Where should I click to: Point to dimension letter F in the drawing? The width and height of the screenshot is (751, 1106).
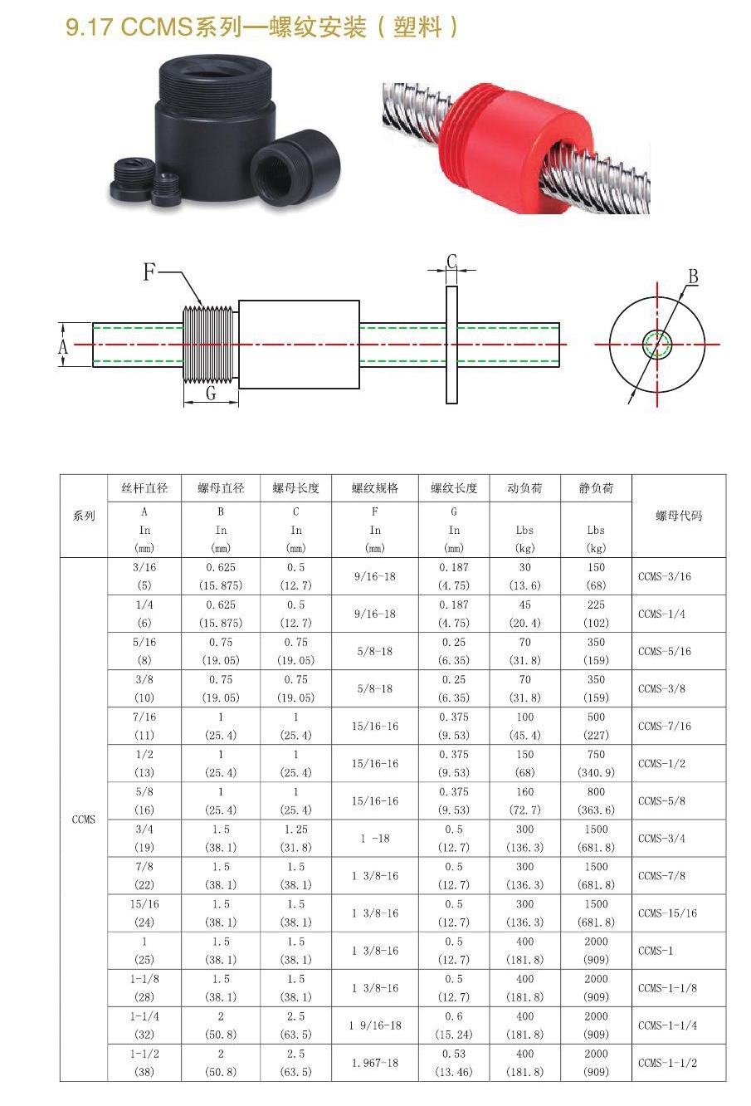149,272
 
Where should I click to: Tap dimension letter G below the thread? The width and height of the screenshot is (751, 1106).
211,393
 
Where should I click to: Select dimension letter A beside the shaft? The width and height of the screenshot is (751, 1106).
64,345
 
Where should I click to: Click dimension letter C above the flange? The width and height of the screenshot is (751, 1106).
451,262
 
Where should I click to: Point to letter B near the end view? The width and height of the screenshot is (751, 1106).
693,276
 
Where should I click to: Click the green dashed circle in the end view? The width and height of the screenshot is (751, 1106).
657,344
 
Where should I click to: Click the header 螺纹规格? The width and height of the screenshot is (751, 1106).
375,488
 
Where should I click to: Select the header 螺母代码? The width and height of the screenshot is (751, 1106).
678,516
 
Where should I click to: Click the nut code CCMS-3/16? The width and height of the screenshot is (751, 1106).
665,576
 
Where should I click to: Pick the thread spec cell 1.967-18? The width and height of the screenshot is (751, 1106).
375,1063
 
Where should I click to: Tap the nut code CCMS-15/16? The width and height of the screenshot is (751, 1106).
667,913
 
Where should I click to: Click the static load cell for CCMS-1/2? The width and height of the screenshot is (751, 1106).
596,763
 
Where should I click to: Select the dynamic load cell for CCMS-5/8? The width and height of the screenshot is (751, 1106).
524,800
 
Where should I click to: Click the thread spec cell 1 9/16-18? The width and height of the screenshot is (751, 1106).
375,1025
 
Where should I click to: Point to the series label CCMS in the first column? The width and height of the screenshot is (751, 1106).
84,820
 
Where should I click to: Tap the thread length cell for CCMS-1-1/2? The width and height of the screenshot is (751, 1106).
454,1063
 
